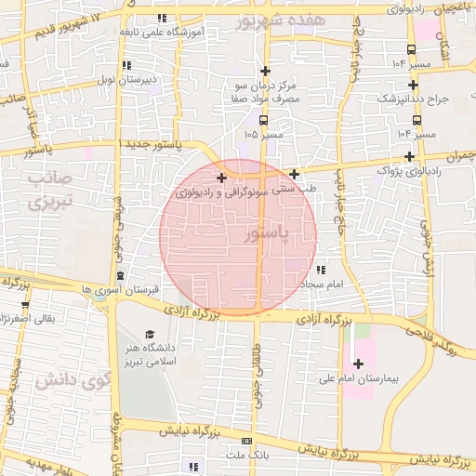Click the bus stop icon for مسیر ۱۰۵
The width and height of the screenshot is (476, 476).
coord(265,120)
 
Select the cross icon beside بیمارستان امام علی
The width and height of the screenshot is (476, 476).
coord(358,363)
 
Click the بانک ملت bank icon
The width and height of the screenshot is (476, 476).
coord(246,441)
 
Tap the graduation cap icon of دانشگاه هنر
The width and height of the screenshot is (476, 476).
coord(149,334)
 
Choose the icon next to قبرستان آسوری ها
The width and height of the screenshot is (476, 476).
coord(121,275)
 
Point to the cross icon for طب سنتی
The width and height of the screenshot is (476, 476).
coord(295,174)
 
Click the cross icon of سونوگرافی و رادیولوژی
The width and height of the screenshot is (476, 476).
coord(220,178)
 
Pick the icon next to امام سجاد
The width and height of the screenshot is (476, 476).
coord(321,269)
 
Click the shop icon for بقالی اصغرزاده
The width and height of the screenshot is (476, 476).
coord(24,304)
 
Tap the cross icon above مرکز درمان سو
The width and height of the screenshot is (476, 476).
coord(266,71)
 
